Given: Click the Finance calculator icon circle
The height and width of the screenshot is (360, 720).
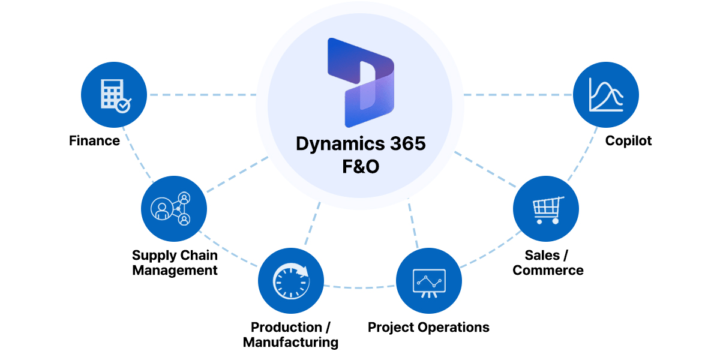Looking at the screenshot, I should [114, 95].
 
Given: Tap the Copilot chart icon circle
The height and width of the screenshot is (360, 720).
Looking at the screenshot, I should [606, 95].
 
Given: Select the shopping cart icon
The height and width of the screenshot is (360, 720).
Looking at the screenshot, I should [546, 209].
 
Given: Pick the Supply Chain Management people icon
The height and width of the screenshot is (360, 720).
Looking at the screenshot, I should [174, 209].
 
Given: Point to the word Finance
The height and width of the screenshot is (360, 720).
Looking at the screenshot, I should [94, 141].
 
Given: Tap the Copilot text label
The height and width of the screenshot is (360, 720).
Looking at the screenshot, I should [628, 141].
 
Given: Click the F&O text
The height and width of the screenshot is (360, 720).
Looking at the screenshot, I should [360, 166].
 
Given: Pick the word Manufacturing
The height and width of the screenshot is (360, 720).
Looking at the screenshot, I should [290, 343].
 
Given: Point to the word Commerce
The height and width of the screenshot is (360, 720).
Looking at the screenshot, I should [548, 270].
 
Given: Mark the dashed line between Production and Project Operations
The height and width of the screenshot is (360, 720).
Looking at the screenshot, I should [360, 287].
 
